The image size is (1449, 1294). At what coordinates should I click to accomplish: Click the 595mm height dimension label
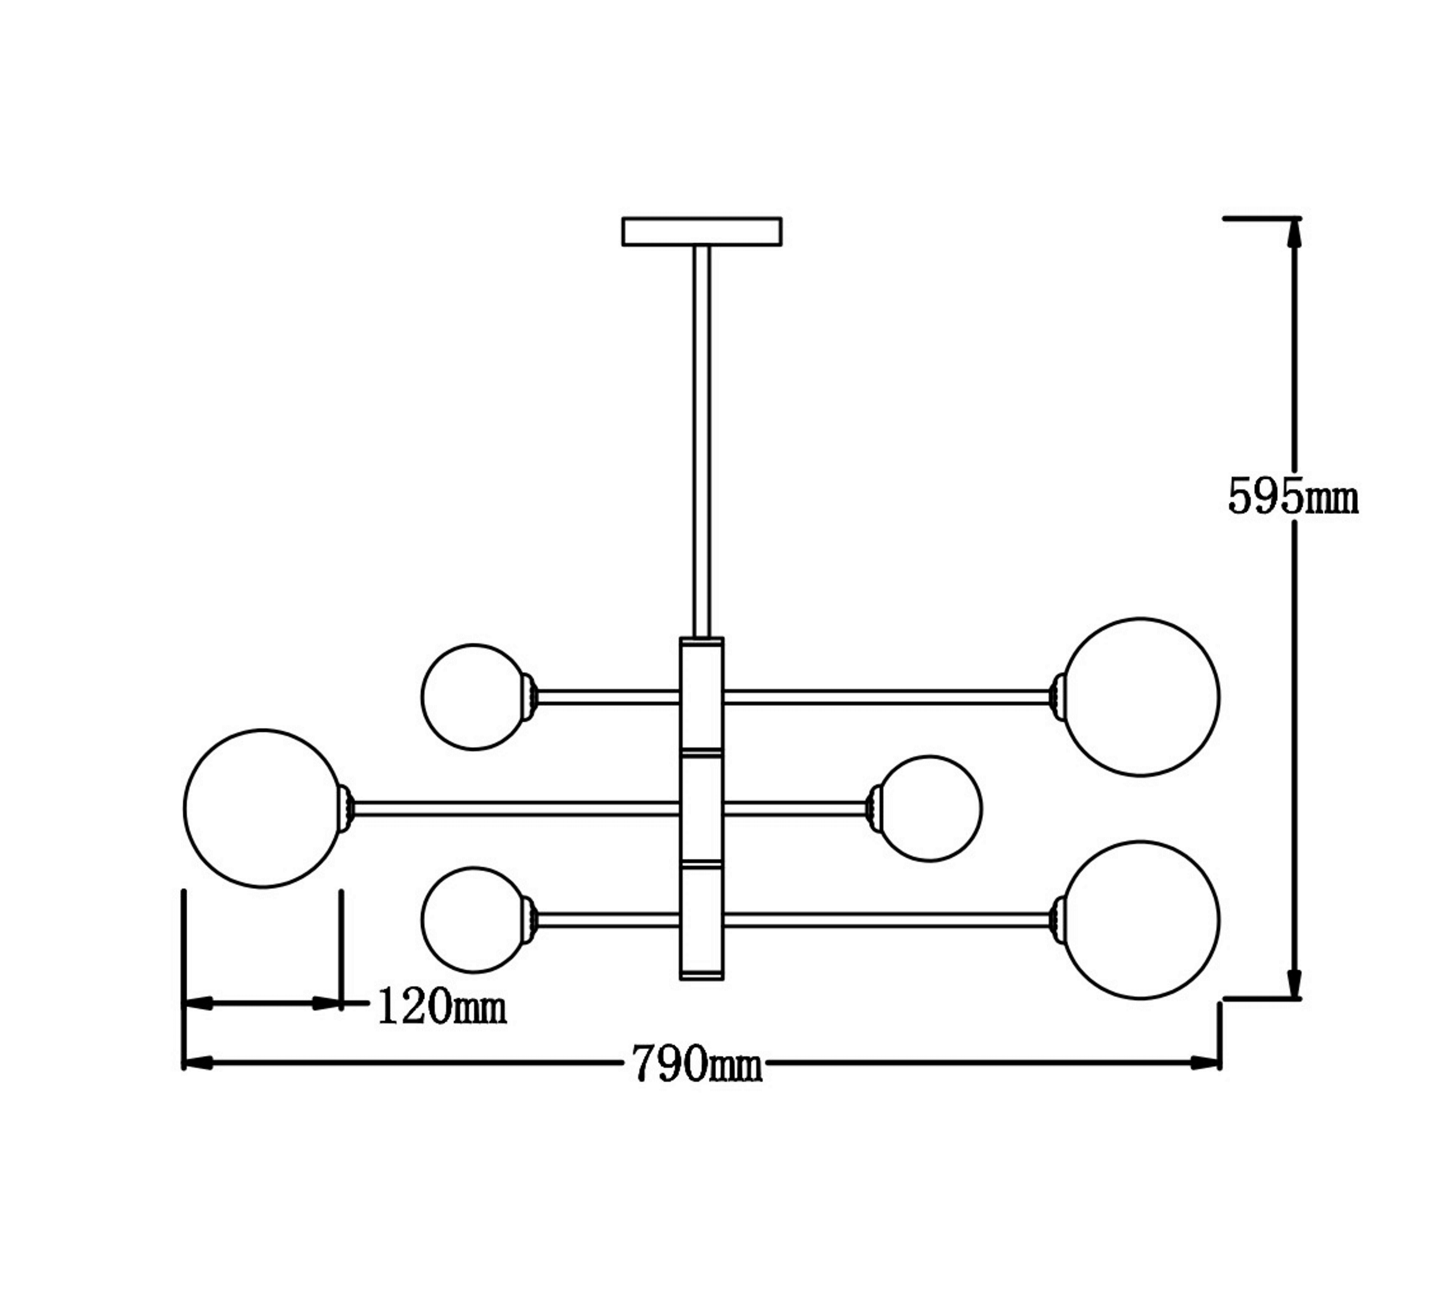[1293, 497]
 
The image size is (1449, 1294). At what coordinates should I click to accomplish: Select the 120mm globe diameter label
[441, 1007]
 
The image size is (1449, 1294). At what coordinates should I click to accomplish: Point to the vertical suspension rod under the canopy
[702, 441]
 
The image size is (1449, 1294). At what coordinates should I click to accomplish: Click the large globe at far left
[263, 808]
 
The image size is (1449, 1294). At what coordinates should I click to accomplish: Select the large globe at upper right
[1141, 697]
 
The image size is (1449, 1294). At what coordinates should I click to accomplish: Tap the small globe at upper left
[474, 697]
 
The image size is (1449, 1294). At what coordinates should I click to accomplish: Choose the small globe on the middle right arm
[930, 808]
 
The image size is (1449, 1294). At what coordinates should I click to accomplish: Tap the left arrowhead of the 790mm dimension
[199, 1064]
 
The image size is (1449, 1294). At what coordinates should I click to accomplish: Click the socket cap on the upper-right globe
[1058, 697]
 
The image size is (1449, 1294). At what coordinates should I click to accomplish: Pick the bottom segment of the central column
[702, 921]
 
